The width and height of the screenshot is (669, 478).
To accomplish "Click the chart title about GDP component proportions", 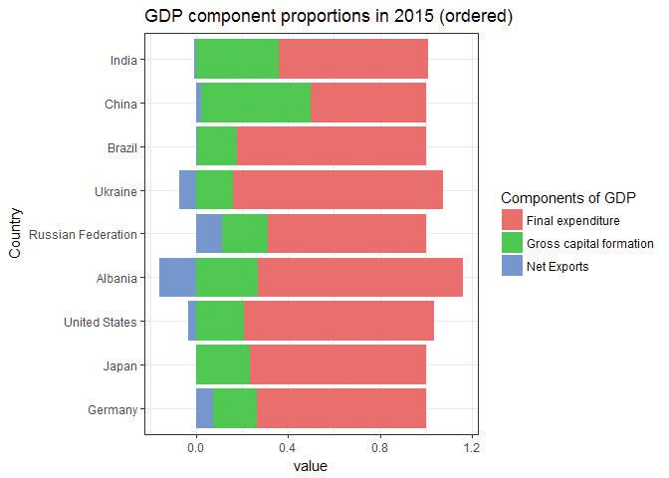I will point(329,17).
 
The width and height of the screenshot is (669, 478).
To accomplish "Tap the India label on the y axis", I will point(123,60).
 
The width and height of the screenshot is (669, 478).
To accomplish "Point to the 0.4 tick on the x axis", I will point(288,448).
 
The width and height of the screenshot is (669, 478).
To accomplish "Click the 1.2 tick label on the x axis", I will point(472,448).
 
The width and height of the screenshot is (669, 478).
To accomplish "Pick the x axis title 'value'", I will point(310,466).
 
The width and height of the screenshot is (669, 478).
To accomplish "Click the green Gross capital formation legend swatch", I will point(512,244).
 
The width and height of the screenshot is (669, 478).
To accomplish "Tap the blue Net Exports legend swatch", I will point(512,267).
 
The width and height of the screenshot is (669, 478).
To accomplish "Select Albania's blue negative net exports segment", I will point(177,278).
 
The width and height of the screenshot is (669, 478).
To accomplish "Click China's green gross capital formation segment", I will point(256,104).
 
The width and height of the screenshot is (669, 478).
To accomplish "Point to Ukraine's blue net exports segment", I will point(187,190).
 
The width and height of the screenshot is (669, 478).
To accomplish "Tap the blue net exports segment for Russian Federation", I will point(208,234).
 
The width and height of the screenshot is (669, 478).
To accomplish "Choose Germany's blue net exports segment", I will point(204,408).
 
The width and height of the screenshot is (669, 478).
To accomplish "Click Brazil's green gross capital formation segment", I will point(216,147).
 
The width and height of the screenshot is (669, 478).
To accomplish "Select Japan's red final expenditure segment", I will point(337,364).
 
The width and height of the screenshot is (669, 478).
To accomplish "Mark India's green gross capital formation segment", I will point(237,60).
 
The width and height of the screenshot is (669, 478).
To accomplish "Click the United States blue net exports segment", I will point(192,322).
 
